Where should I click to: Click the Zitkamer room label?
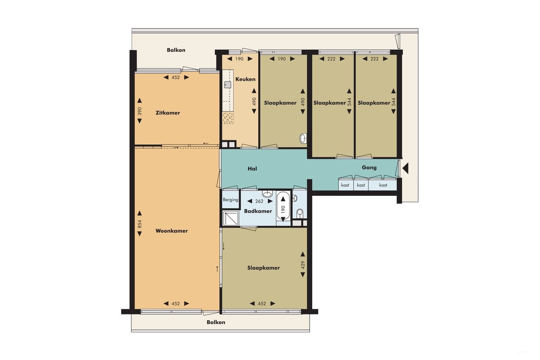pos(167,113)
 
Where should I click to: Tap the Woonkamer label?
pos(171,231)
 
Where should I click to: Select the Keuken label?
pos(245,79)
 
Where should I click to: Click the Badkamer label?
pos(258,211)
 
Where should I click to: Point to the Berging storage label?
pos(230,200)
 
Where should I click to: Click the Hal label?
pos(252,169)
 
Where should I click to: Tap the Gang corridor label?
pos(369,168)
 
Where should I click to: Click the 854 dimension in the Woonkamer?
pos(140,224)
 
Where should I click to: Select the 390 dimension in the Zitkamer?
pos(140,111)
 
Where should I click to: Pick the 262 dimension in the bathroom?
pos(259,201)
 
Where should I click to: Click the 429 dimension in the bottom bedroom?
pos(303,265)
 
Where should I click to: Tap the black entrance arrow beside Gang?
pos(405,168)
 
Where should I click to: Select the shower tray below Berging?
pos(231,218)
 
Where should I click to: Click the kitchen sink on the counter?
pos(228,84)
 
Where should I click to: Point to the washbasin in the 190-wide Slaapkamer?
pos(303,138)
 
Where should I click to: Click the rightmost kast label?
pos(383,185)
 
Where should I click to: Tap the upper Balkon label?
pos(176,50)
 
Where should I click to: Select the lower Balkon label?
pos(216,322)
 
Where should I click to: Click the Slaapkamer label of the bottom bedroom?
pos(263,268)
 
